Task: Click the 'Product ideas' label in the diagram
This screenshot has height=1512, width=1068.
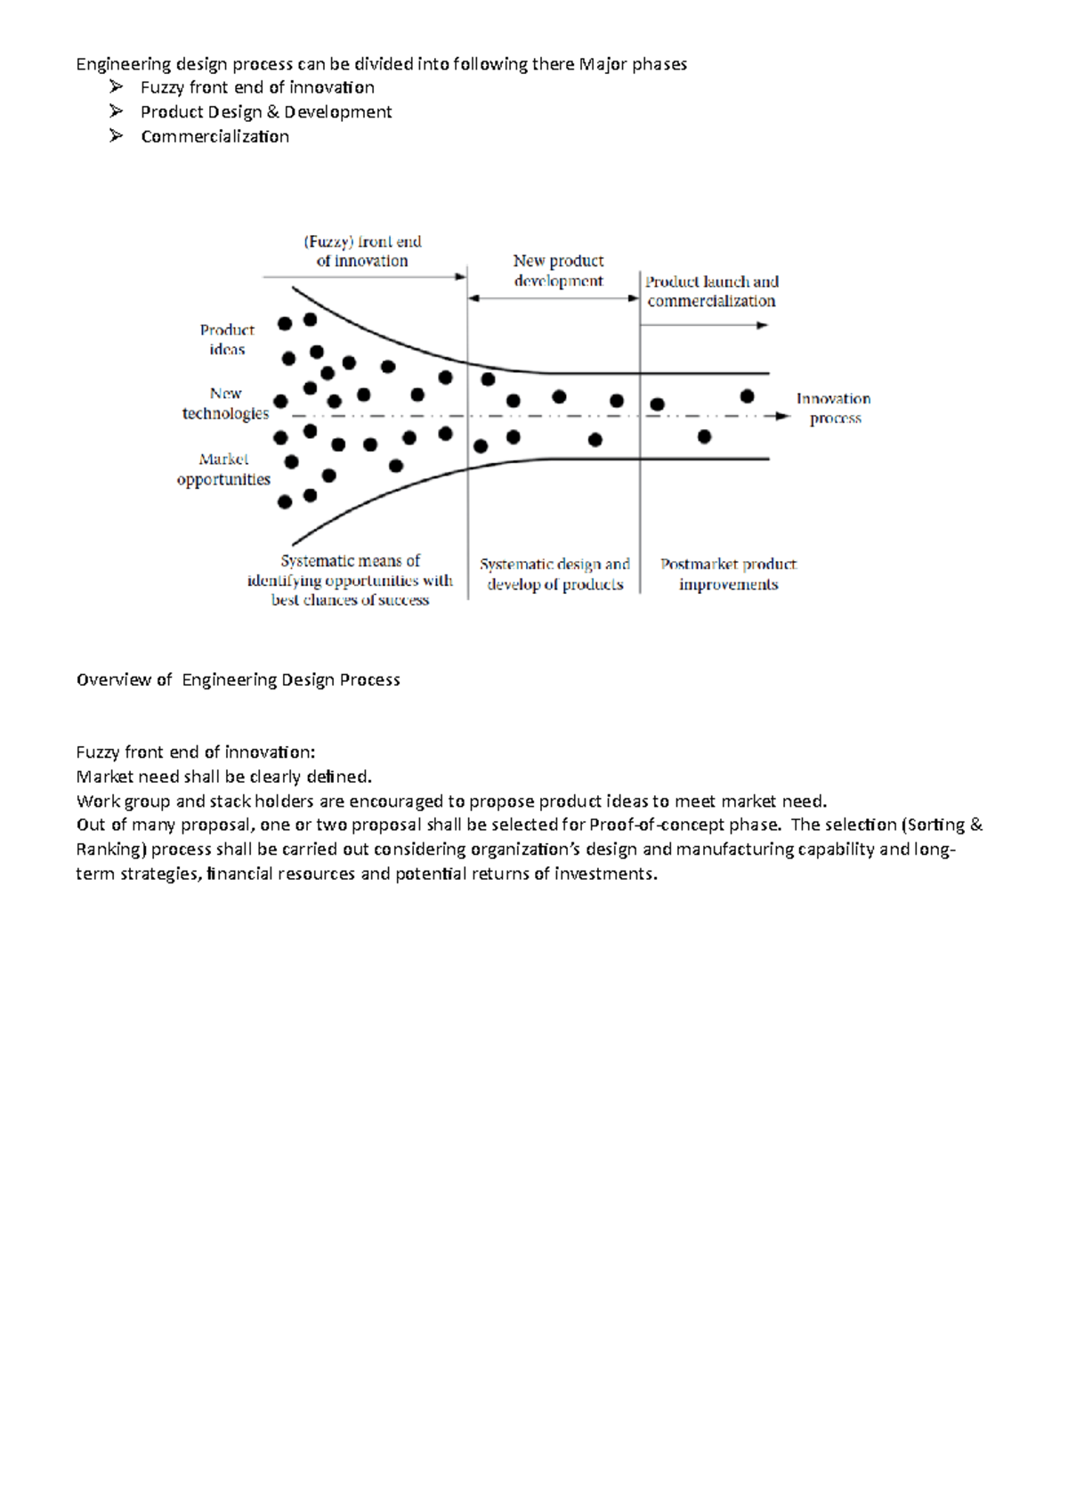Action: coord(227,339)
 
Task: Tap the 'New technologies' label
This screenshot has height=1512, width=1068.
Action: coord(225,403)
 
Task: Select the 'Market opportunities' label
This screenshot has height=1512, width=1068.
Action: coord(223,469)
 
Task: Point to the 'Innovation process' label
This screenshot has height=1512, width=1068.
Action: coord(834,408)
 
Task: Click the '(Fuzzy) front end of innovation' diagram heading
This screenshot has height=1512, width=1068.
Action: coord(362,251)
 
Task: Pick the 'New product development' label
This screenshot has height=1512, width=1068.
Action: coord(558,271)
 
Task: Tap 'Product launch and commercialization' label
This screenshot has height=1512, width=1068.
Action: coord(711,291)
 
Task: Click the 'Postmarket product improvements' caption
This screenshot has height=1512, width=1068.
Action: coord(728,574)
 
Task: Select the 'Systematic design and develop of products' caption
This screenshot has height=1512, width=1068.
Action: coord(554,574)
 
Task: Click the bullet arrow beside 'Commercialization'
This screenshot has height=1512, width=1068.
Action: coord(116,136)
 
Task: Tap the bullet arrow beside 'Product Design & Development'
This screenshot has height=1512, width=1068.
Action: coord(116,111)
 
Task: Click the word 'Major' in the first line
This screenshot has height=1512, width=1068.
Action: coord(603,64)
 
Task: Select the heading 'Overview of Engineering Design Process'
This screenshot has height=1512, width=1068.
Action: coord(239,680)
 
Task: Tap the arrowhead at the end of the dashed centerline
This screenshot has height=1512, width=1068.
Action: coord(782,416)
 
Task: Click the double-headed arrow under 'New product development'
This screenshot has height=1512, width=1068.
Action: coord(554,298)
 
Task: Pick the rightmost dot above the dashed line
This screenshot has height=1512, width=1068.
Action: coord(747,396)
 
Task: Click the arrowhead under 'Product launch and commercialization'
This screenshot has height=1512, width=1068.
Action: coord(762,326)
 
